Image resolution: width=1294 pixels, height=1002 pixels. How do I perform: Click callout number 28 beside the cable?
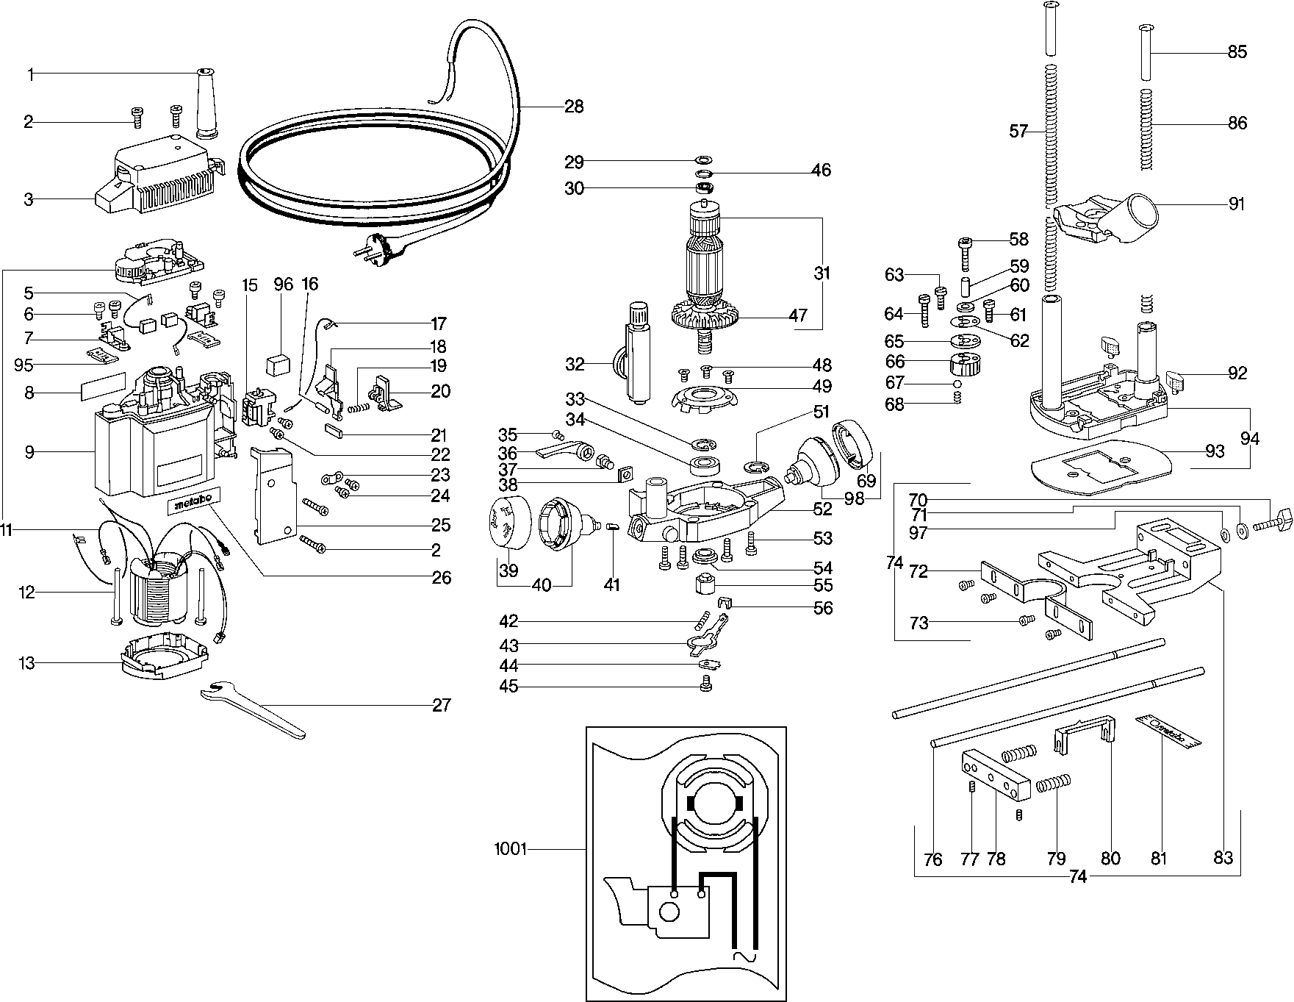tap(574, 107)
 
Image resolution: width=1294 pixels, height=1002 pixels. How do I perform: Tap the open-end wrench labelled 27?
tap(254, 709)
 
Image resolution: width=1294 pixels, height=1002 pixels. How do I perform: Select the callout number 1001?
tap(511, 850)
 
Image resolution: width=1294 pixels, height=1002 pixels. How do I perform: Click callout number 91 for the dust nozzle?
tap(1237, 204)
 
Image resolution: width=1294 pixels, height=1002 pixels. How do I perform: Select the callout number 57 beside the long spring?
tap(1018, 132)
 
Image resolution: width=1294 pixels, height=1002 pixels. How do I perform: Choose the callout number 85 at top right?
tap(1237, 52)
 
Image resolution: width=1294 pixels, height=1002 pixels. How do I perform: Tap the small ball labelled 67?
tap(957, 384)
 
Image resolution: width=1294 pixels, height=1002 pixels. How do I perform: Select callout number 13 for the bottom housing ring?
tap(26, 664)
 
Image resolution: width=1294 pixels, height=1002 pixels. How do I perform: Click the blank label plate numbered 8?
tap(103, 387)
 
